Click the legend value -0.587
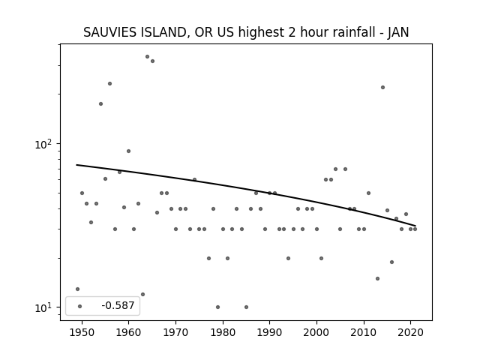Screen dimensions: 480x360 118,305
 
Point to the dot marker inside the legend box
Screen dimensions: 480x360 80,306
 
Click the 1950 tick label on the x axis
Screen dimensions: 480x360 82,332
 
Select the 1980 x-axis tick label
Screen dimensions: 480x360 223,332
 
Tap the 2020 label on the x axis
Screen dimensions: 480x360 411,332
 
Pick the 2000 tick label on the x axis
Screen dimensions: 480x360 316,332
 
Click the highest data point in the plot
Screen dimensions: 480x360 147,57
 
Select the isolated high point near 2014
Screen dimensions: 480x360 382,87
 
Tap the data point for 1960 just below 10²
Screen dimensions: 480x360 128,151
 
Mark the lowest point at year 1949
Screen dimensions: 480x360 77,289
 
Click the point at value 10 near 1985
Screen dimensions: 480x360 247,307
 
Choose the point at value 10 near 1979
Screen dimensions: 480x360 218,307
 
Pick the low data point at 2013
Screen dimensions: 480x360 377,278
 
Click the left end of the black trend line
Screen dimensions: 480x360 76,165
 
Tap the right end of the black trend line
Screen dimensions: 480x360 415,226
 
